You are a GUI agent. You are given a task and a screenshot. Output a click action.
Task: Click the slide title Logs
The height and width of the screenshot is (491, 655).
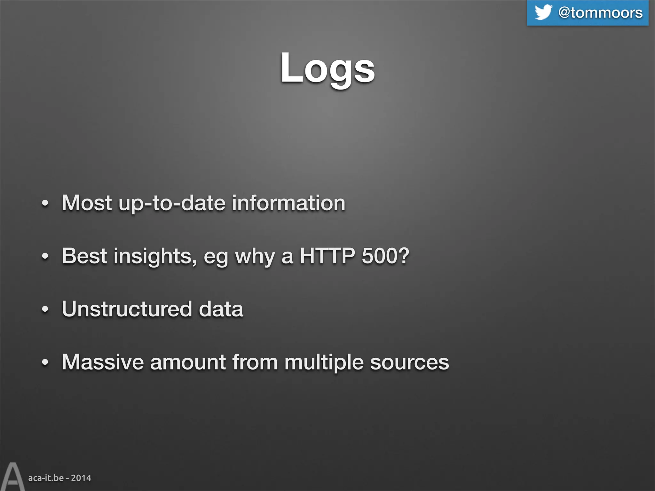point(327,68)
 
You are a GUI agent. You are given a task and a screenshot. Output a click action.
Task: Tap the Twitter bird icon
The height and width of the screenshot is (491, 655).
point(543,12)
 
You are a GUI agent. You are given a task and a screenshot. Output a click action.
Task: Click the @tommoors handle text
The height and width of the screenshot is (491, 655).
point(600,13)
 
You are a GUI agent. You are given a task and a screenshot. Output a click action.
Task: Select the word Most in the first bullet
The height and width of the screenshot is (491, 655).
point(87,203)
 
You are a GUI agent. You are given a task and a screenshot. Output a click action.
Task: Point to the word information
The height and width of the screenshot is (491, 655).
point(288,203)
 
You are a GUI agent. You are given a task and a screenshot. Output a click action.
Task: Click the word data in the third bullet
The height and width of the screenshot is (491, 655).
point(221,309)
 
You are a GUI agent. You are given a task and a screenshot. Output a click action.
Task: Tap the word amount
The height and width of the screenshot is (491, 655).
point(188,362)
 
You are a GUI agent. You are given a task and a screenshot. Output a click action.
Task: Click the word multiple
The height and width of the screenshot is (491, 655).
point(324,362)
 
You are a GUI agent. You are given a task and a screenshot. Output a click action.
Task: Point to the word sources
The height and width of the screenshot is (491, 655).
point(409,362)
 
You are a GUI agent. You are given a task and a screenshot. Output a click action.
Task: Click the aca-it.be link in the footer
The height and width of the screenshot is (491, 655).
point(46,478)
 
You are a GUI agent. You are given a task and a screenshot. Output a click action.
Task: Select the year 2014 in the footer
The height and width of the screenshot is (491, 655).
point(81,478)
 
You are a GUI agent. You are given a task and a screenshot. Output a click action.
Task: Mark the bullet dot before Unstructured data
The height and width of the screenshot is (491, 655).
point(45,309)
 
